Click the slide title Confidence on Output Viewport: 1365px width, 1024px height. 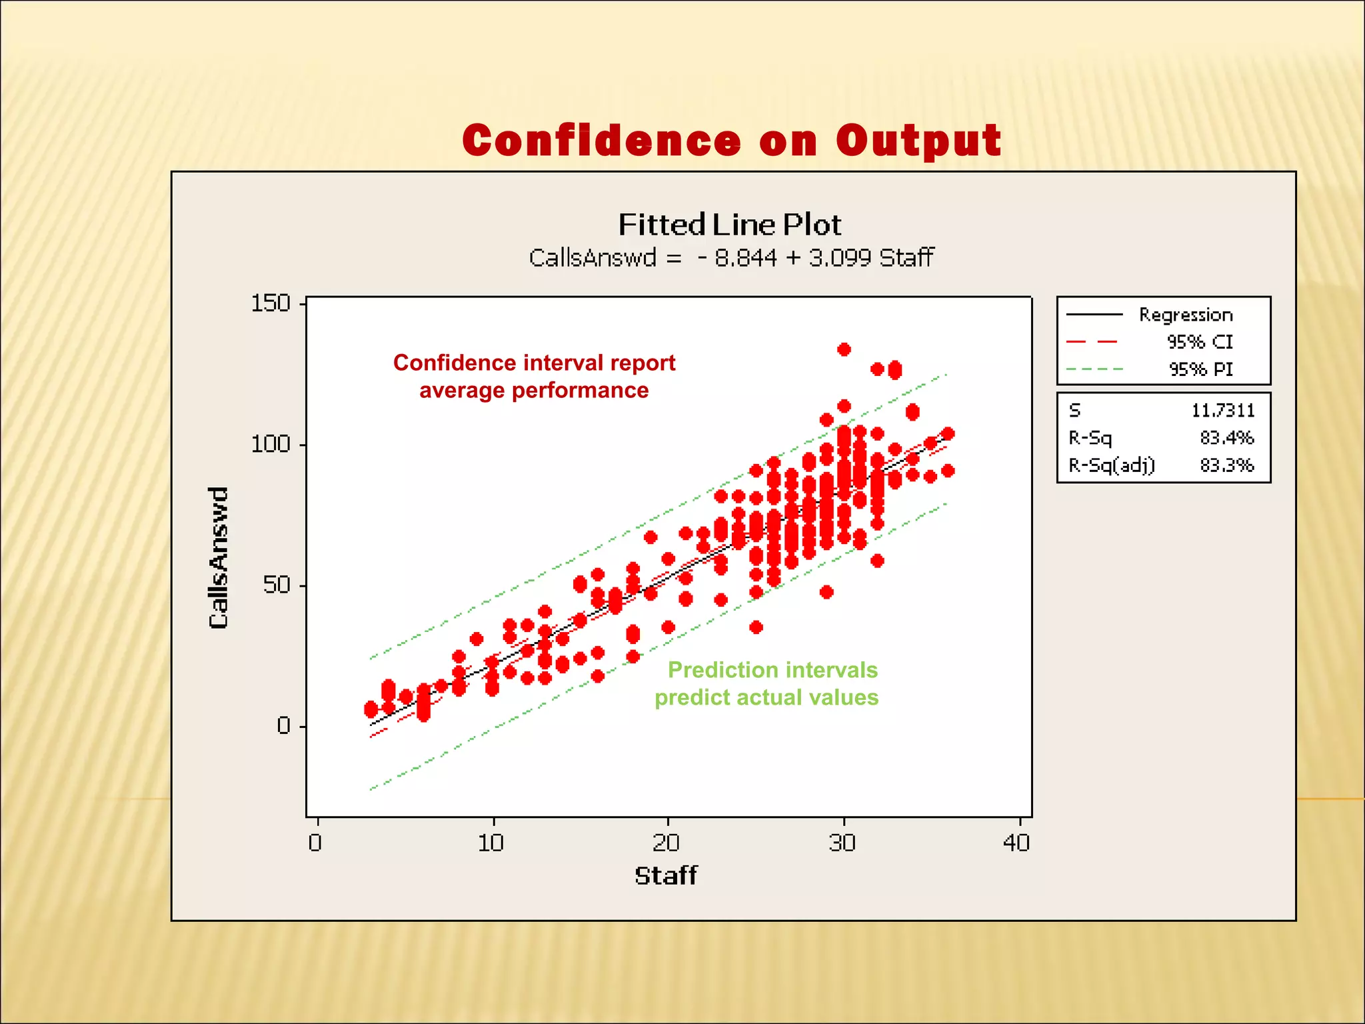click(731, 141)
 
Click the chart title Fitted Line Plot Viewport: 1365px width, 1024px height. click(730, 225)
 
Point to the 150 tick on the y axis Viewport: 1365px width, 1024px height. click(271, 303)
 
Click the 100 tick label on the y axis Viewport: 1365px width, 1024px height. click(271, 444)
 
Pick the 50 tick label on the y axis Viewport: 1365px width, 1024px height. click(276, 585)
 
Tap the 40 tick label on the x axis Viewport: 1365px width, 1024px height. click(1017, 843)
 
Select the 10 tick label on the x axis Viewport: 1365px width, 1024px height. click(491, 843)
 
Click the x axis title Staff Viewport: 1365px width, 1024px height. click(665, 875)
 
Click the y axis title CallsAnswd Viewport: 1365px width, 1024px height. click(219, 557)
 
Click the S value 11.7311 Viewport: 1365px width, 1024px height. click(1222, 411)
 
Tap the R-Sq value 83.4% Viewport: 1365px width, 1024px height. click(1226, 438)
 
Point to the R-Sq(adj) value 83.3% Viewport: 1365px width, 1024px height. click(1226, 465)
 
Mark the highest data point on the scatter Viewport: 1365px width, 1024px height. click(844, 349)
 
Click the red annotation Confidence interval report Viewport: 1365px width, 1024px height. click(534, 363)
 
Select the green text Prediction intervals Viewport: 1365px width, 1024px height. click(772, 670)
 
